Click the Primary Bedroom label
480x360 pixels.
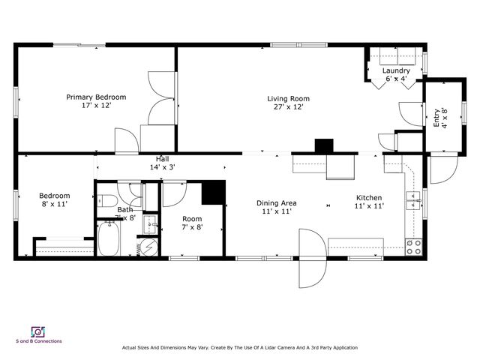(x=96, y=97)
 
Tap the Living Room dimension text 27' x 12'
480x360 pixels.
(x=288, y=107)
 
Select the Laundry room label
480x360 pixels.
(x=396, y=71)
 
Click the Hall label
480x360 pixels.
(x=162, y=159)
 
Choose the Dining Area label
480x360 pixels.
(x=277, y=202)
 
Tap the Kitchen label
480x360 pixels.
(x=369, y=197)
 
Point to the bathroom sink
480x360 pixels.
(x=150, y=223)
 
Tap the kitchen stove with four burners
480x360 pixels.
(x=413, y=245)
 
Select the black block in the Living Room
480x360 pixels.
(x=323, y=146)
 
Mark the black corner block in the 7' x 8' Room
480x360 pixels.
(x=214, y=193)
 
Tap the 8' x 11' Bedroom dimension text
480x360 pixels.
(x=55, y=203)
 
